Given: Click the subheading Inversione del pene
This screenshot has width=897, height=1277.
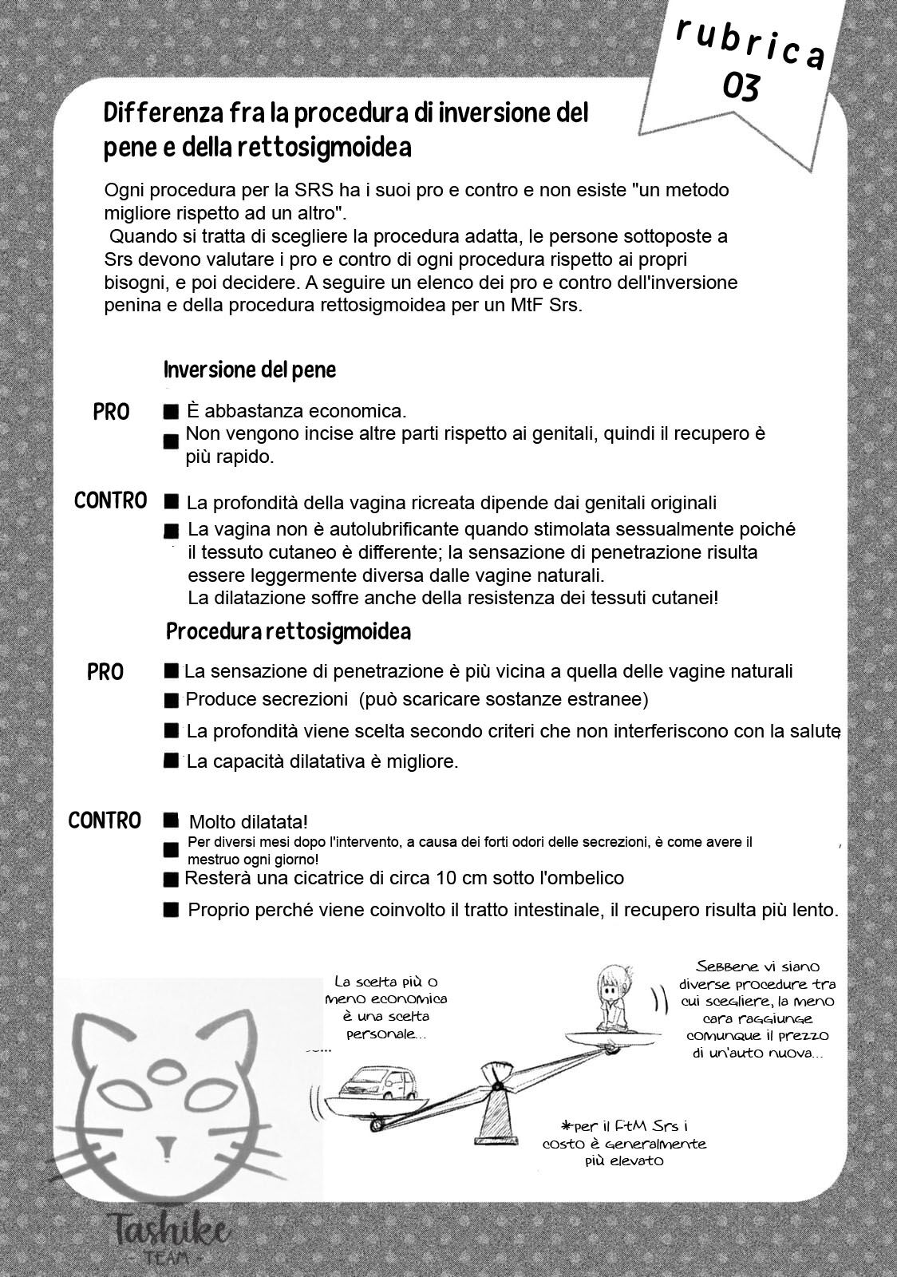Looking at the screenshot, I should click(250, 370).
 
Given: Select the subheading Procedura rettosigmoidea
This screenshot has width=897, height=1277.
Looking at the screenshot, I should click(288, 632).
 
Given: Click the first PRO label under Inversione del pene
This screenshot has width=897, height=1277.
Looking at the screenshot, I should click(111, 413).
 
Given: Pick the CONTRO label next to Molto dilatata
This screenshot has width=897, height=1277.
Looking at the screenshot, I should click(105, 820).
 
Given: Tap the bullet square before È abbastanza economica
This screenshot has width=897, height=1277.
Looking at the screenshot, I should click(170, 413).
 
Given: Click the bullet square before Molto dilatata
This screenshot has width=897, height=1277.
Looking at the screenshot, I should click(170, 820).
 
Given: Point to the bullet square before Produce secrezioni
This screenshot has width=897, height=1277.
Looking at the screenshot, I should click(170, 701).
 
